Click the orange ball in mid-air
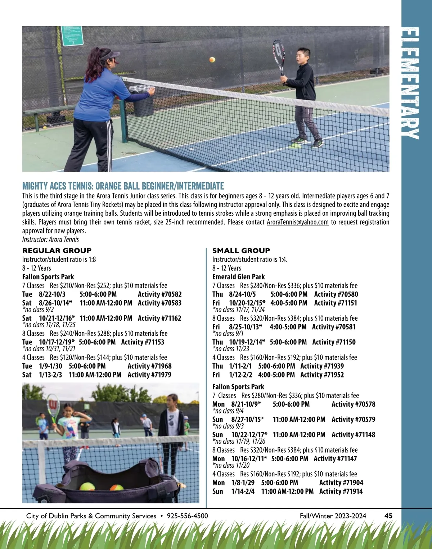212,59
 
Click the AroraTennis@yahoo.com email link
297,222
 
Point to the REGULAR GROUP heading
57,251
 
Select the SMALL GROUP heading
241,251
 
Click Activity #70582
159,294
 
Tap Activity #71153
143,342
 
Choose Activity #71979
149,375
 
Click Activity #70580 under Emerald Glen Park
336,294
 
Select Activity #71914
341,491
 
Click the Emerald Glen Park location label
238,277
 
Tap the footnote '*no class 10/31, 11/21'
49,349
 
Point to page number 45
388,516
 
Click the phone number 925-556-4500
188,516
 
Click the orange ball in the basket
116,488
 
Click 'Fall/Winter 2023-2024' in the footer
333,516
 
